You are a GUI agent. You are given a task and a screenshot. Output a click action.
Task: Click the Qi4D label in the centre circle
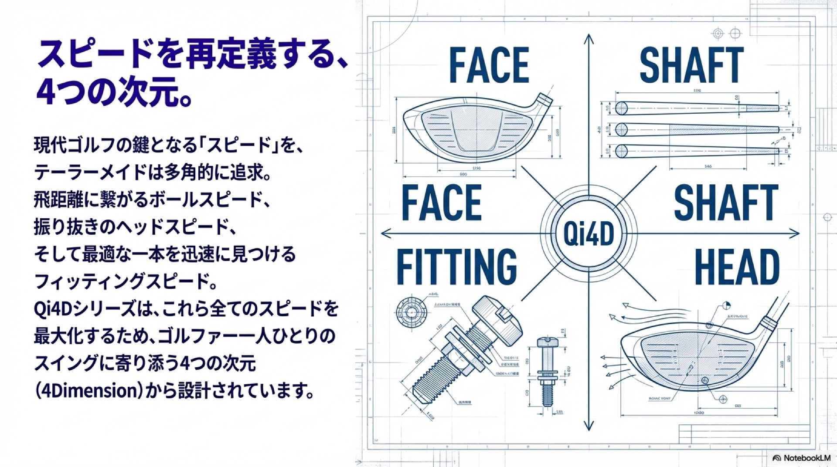point(589,234)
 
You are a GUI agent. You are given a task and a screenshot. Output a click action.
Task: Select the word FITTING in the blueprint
point(456,267)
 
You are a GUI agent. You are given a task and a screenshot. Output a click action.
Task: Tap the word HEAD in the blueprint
point(737,267)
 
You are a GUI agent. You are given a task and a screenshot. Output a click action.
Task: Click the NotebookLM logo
point(801,458)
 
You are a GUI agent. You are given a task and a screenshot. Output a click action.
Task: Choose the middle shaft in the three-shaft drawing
point(697,129)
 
